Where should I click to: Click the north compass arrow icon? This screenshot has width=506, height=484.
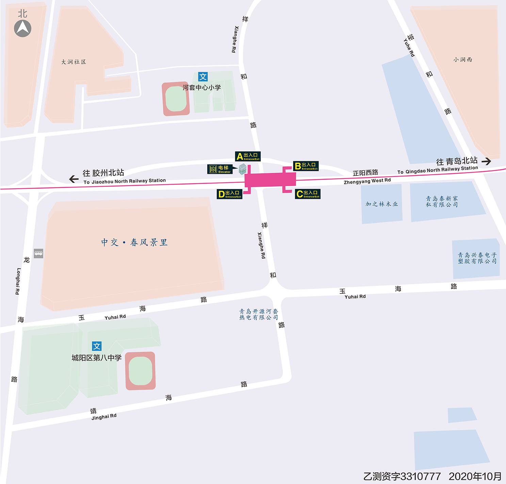22,28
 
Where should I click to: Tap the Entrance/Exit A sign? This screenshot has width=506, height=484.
248,156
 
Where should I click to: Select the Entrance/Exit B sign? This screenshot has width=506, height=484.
306,166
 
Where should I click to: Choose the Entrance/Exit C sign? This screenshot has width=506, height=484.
308,194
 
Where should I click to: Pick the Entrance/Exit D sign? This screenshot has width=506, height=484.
230,194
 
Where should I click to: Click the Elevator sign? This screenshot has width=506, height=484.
220,169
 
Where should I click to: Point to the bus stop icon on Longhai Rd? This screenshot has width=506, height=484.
38,253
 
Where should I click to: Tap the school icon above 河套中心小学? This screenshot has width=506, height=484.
203,77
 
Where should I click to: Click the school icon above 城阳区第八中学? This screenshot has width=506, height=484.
97,346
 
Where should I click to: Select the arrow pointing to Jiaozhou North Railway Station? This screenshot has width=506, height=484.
74,179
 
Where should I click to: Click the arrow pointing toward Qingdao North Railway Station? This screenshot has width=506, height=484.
486,161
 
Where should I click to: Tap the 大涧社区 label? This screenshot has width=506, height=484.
74,62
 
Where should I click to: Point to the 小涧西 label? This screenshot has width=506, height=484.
462,60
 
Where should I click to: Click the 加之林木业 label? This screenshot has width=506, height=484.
381,204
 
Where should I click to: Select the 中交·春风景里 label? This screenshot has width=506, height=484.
134,242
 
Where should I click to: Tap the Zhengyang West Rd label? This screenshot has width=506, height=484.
367,181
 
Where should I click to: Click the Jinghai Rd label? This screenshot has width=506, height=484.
104,417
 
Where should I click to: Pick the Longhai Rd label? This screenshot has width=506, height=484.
18,281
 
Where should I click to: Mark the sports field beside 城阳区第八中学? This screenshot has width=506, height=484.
140,371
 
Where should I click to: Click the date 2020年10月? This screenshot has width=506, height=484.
475,476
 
